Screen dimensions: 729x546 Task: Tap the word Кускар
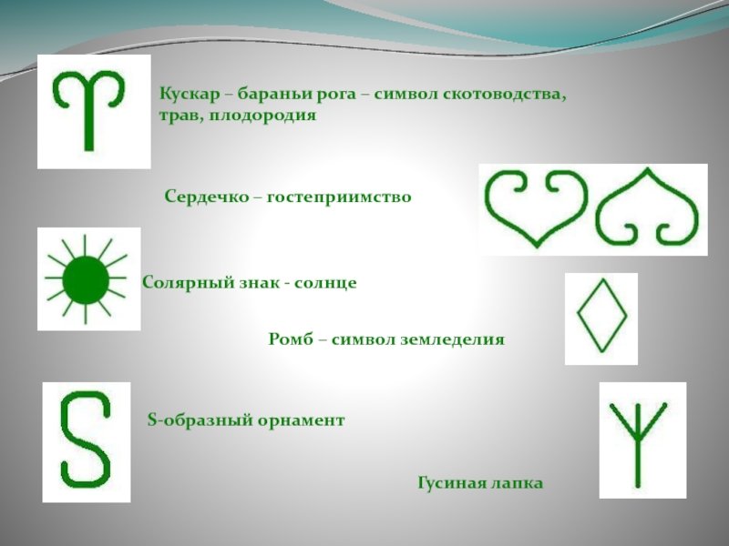point(190,95)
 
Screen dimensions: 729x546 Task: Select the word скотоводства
point(505,95)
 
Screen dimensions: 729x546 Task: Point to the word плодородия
point(262,115)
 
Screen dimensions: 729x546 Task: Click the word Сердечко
point(207,197)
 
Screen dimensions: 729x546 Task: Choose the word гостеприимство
point(339,197)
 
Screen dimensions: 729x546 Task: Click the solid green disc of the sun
point(86,280)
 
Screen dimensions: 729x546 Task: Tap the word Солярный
point(188,283)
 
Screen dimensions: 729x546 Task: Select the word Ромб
point(291,339)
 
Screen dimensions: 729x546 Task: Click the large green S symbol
point(86,440)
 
